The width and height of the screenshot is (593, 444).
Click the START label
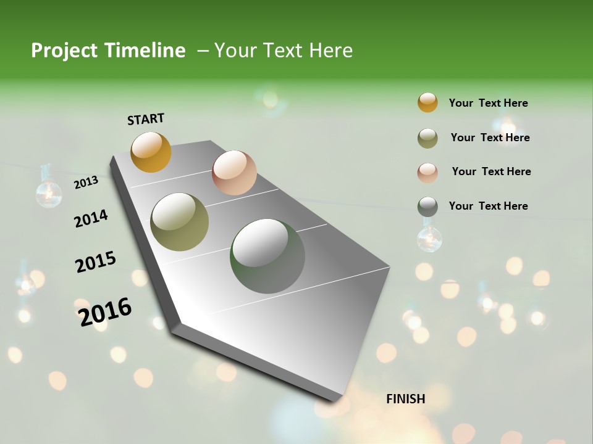tap(146, 119)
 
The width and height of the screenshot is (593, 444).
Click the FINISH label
tap(405, 399)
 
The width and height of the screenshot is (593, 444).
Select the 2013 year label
tap(86, 183)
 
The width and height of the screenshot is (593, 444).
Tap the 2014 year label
tap(91, 218)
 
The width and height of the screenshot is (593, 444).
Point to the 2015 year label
tap(96, 262)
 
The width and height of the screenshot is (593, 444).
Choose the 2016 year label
tap(105, 312)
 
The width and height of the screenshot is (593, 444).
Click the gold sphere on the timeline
tap(151, 152)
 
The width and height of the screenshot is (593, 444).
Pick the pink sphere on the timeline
tap(234, 172)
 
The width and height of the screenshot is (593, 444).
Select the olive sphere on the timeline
tap(179, 222)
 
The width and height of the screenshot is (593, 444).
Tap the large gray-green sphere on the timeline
tap(267, 256)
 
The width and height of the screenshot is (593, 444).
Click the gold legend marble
tap(427, 102)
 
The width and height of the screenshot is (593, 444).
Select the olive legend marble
tap(427, 138)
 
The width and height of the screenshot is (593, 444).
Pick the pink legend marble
tap(427, 172)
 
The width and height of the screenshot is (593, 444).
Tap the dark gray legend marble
tap(427, 206)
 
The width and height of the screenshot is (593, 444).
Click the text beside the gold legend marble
tap(488, 103)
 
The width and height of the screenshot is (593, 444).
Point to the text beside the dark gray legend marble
tap(488, 206)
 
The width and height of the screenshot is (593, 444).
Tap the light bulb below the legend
tap(429, 239)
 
